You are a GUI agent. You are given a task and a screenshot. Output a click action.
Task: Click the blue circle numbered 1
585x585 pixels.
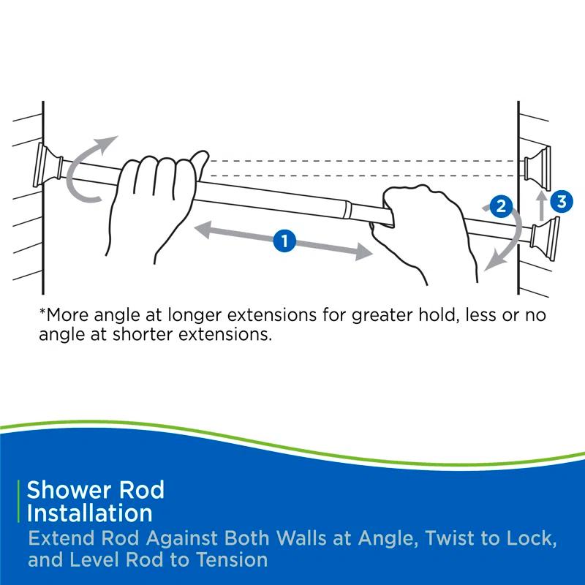[x=284, y=240]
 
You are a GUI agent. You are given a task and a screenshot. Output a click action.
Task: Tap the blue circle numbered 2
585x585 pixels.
[x=500, y=206]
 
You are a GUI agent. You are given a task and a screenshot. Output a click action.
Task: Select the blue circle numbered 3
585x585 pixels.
[x=560, y=202]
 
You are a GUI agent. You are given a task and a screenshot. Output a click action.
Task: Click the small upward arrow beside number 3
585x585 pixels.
[x=540, y=205]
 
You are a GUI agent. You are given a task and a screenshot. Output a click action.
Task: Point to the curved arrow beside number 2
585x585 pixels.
[x=505, y=241]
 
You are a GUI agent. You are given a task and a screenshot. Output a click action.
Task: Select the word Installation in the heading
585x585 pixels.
[x=89, y=513]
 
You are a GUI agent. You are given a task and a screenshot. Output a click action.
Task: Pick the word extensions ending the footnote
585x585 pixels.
[x=224, y=337]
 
